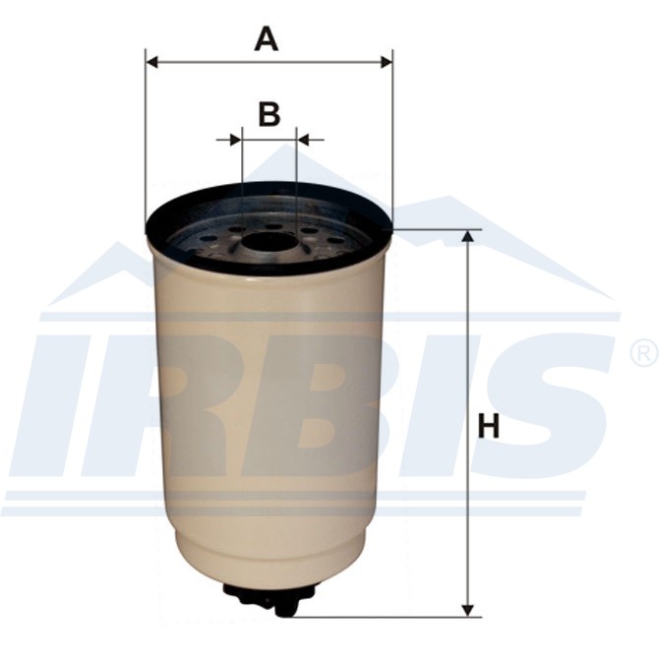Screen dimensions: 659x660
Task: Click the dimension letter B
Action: pos(269,114)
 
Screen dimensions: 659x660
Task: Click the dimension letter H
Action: pos(489,426)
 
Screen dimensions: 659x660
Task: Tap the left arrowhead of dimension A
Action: pos(151,63)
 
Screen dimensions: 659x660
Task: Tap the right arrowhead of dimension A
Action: pos(387,63)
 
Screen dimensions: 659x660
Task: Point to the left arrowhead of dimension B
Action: pos(236,140)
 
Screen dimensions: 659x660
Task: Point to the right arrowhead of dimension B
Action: pos(303,140)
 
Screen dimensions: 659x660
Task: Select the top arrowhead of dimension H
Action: pos(467,236)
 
